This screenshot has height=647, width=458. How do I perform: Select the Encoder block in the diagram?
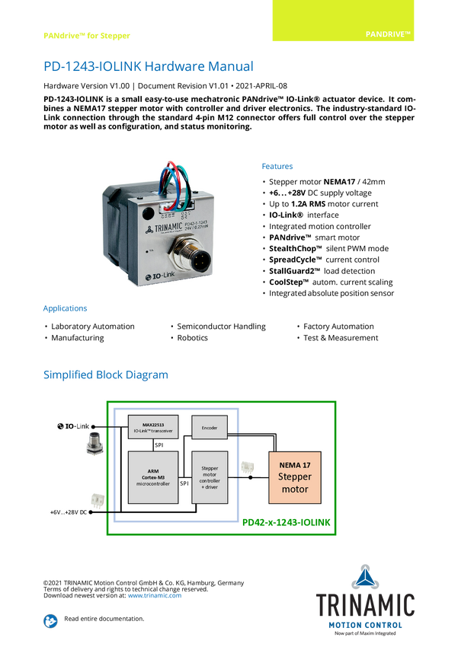pos(210,428)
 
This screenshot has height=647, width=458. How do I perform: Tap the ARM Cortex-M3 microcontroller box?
pos(152,477)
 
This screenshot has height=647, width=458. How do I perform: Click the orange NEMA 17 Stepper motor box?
pos(296,476)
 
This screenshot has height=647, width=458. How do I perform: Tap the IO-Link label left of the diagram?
pos(74,426)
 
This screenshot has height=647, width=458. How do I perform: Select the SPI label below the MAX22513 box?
pos(159,445)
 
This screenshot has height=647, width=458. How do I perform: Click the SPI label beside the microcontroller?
pos(184,483)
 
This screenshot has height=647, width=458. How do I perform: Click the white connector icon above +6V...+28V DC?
pos(98,499)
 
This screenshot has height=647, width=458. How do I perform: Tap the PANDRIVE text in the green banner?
pos(388,35)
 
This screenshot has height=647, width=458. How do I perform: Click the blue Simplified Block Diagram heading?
pos(105,374)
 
